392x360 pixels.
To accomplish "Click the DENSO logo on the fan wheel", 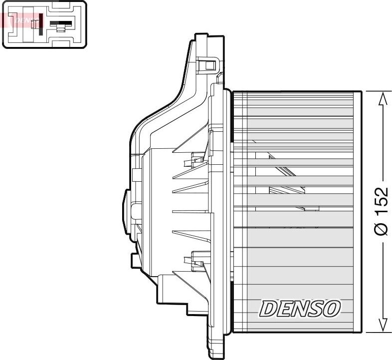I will [x=299, y=309].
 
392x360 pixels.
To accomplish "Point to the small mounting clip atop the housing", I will [x=209, y=65].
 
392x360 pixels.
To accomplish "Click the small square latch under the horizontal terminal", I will [x=60, y=29].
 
